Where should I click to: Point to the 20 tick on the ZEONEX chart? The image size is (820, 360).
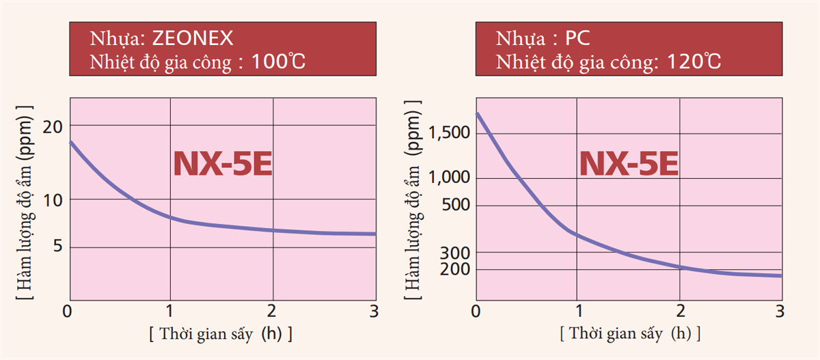coord(53,126)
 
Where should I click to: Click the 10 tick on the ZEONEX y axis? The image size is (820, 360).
coord(53,200)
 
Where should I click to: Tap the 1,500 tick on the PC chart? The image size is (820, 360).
coord(448,131)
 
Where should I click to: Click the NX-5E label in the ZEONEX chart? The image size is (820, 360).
coord(223,165)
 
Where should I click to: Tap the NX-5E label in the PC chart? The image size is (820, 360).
coord(629,164)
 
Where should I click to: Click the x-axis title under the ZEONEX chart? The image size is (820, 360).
coord(221,335)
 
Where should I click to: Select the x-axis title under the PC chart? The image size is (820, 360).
coord(629,335)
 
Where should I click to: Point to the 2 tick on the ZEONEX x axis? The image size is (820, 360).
coord(273,311)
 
